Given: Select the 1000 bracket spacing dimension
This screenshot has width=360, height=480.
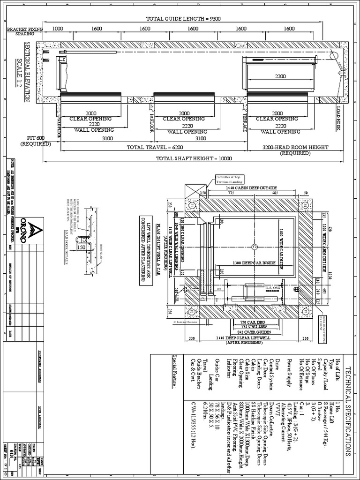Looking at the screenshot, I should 57,28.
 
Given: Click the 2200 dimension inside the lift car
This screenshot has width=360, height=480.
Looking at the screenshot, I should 280,76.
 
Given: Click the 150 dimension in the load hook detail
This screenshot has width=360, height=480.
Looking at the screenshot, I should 81,247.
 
